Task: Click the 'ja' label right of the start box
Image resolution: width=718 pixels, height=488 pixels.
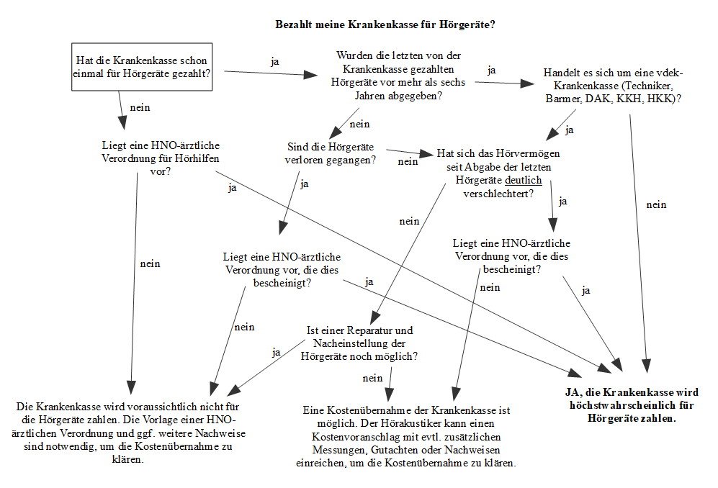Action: pos(274,61)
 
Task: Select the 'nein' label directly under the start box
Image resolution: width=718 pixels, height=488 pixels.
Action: pos(139,108)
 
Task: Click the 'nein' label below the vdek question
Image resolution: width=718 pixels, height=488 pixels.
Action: pos(656,204)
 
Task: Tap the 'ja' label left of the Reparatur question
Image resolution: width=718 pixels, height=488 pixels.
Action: pos(277,352)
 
